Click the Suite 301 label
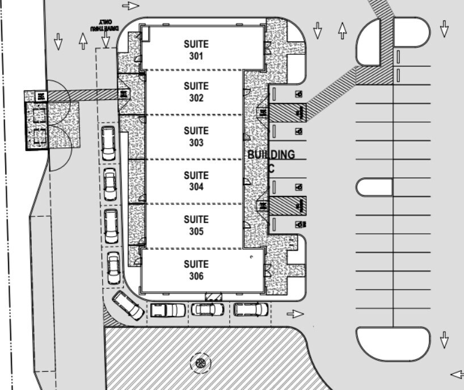click(x=196, y=50)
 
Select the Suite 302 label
click(x=196, y=92)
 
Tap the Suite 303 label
click(x=196, y=136)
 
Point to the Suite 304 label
click(x=196, y=181)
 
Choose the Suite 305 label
click(x=196, y=225)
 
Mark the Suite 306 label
click(x=196, y=270)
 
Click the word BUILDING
click(x=271, y=154)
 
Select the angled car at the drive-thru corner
click(x=128, y=305)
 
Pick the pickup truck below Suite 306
click(x=167, y=310)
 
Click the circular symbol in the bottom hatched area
click(x=199, y=362)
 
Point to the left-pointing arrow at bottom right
click(x=457, y=374)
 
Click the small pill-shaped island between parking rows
click(x=374, y=187)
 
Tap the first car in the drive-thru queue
click(x=108, y=142)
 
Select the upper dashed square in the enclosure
click(x=40, y=116)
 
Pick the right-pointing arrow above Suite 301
click(x=130, y=6)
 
